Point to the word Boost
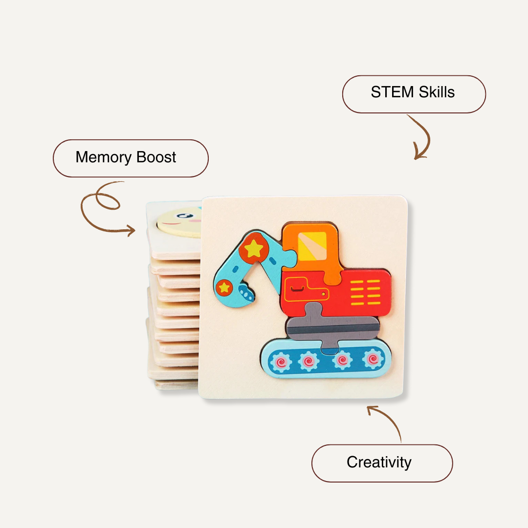[x=156, y=157]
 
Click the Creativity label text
[x=379, y=462]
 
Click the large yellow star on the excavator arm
[x=253, y=249]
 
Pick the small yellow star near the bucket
[x=224, y=287]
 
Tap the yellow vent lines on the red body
[x=365, y=293]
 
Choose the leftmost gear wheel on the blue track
[x=281, y=362]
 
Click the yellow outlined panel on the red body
[x=306, y=292]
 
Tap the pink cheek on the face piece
[x=196, y=220]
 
